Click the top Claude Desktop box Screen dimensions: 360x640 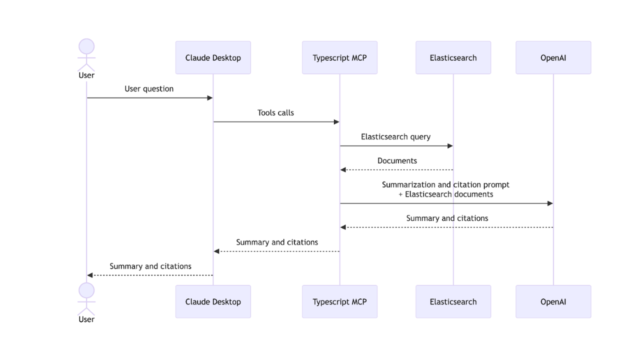point(213,57)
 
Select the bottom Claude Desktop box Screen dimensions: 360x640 point(213,301)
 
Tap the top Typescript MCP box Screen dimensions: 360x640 point(339,57)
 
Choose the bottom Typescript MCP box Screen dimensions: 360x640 point(339,301)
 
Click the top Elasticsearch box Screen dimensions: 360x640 point(453,57)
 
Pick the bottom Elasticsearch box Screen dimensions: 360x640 point(453,301)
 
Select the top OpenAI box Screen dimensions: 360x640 point(553,57)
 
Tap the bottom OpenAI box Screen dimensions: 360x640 point(553,301)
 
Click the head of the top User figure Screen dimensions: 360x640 point(86,46)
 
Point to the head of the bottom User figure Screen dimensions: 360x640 point(86,290)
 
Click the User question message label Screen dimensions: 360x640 point(149,89)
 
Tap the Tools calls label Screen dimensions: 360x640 point(275,113)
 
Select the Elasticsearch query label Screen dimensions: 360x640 point(395,137)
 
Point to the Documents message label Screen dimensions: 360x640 point(397,161)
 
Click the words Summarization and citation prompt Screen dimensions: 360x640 point(445,185)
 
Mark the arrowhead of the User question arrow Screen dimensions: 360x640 point(210,98)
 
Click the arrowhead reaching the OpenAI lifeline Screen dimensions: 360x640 point(550,203)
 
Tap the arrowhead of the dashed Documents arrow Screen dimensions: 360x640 point(343,170)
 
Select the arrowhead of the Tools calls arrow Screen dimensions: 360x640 point(336,122)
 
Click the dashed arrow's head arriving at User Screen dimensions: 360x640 point(90,275)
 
